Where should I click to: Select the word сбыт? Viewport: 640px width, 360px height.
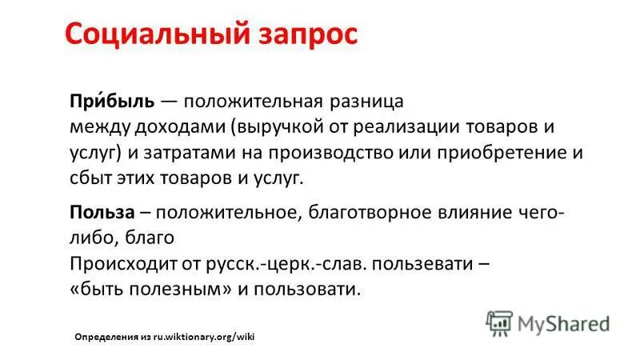click(90, 178)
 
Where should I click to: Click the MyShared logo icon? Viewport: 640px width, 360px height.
click(499, 322)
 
